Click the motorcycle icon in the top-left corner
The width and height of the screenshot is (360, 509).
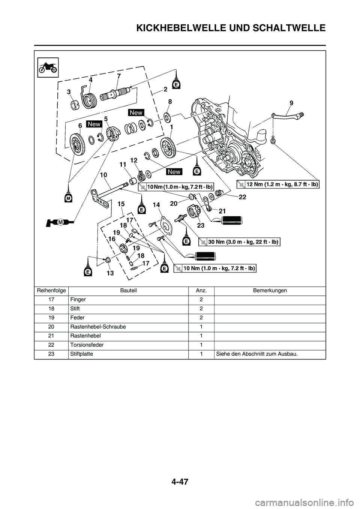tap(48, 67)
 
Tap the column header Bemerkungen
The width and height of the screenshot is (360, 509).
tap(270, 290)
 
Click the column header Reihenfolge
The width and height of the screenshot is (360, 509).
tap(51, 290)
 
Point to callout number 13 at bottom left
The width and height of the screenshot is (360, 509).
tap(110, 273)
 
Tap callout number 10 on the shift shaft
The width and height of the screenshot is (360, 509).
tap(103, 175)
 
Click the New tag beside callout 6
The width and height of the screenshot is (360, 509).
tap(94, 124)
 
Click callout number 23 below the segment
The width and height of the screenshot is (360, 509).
tap(201, 226)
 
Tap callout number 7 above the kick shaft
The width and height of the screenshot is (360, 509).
tap(118, 76)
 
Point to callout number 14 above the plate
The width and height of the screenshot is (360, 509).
tap(156, 205)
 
